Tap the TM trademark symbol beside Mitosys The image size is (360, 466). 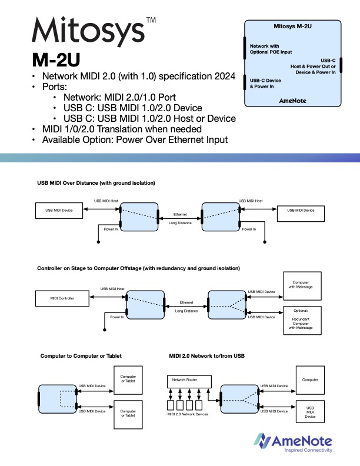(x=151, y=20)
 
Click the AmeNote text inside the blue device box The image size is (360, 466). (x=292, y=101)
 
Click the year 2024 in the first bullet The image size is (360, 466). (x=224, y=77)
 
